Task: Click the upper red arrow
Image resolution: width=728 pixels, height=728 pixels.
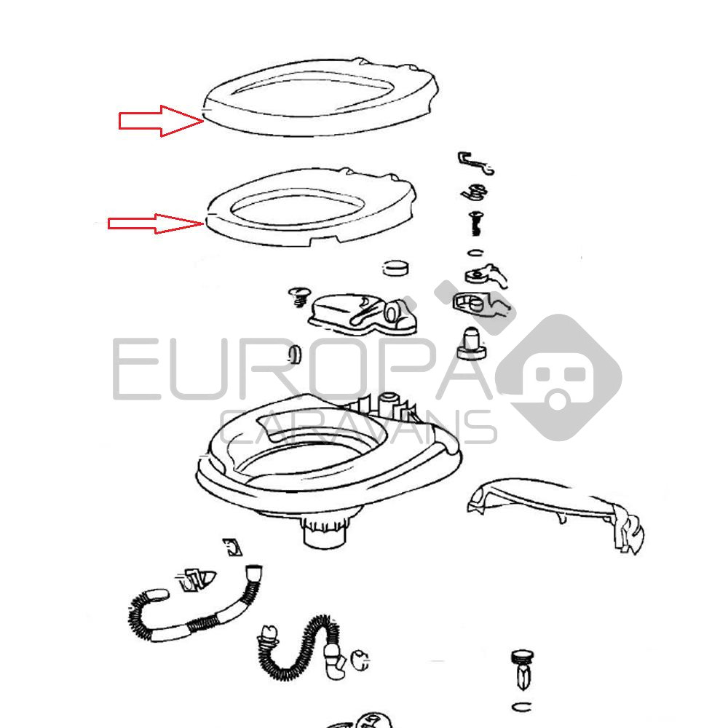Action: click(161, 121)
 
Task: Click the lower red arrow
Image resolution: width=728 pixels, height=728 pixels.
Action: click(156, 223)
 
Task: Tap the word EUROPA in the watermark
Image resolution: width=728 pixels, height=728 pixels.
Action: click(302, 368)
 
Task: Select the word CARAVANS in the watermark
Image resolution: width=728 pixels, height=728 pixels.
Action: click(358, 427)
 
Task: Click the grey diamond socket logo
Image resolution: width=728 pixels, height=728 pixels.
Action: click(558, 377)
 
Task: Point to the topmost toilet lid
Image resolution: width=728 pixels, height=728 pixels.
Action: click(320, 122)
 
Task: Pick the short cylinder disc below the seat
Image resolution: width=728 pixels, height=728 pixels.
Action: click(396, 267)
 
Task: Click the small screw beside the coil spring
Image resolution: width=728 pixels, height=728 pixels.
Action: click(475, 223)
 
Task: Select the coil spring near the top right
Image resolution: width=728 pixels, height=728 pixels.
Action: click(474, 191)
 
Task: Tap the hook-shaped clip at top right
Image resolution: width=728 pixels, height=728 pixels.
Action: click(475, 162)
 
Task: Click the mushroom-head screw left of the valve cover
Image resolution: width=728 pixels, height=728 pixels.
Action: click(298, 297)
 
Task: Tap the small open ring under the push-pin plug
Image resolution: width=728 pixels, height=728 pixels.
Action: click(522, 707)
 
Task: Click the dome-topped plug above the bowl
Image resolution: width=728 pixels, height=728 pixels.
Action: click(470, 344)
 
